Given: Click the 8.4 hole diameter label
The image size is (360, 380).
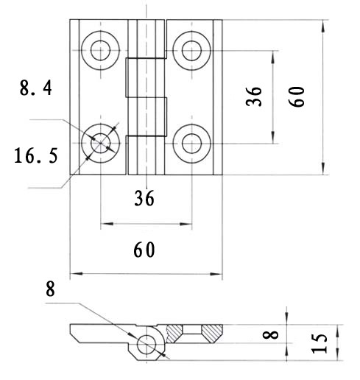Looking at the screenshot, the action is click(36, 88).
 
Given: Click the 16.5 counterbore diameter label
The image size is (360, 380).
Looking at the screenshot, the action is click(36, 155).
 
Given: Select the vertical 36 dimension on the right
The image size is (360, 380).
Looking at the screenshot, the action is click(254, 96).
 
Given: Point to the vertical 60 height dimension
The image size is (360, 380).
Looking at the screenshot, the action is click(297, 96).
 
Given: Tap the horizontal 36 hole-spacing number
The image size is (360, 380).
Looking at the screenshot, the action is click(144, 198).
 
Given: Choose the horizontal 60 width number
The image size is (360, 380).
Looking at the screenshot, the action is click(144, 250).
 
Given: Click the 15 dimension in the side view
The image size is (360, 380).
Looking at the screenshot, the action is click(320, 343).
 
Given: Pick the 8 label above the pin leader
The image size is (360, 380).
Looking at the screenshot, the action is click(50, 289).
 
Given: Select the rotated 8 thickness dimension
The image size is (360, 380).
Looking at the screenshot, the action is click(270, 335).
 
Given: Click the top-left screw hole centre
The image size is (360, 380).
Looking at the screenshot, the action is click(100, 50).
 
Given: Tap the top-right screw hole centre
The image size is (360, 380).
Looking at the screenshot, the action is click(191, 51).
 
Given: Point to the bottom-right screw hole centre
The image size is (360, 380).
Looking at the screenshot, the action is click(191, 144).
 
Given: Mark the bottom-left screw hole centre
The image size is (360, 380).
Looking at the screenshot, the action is click(100, 143).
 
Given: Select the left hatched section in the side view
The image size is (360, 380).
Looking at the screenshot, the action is click(174, 334).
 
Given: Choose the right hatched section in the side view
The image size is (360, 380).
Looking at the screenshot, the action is click(212, 334).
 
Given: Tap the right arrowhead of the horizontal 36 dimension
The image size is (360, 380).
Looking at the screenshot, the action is click(186, 224).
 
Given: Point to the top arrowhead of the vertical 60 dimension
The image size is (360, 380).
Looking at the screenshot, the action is click(323, 26).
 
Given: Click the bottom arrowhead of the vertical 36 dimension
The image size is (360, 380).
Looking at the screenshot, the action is click(273, 137).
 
